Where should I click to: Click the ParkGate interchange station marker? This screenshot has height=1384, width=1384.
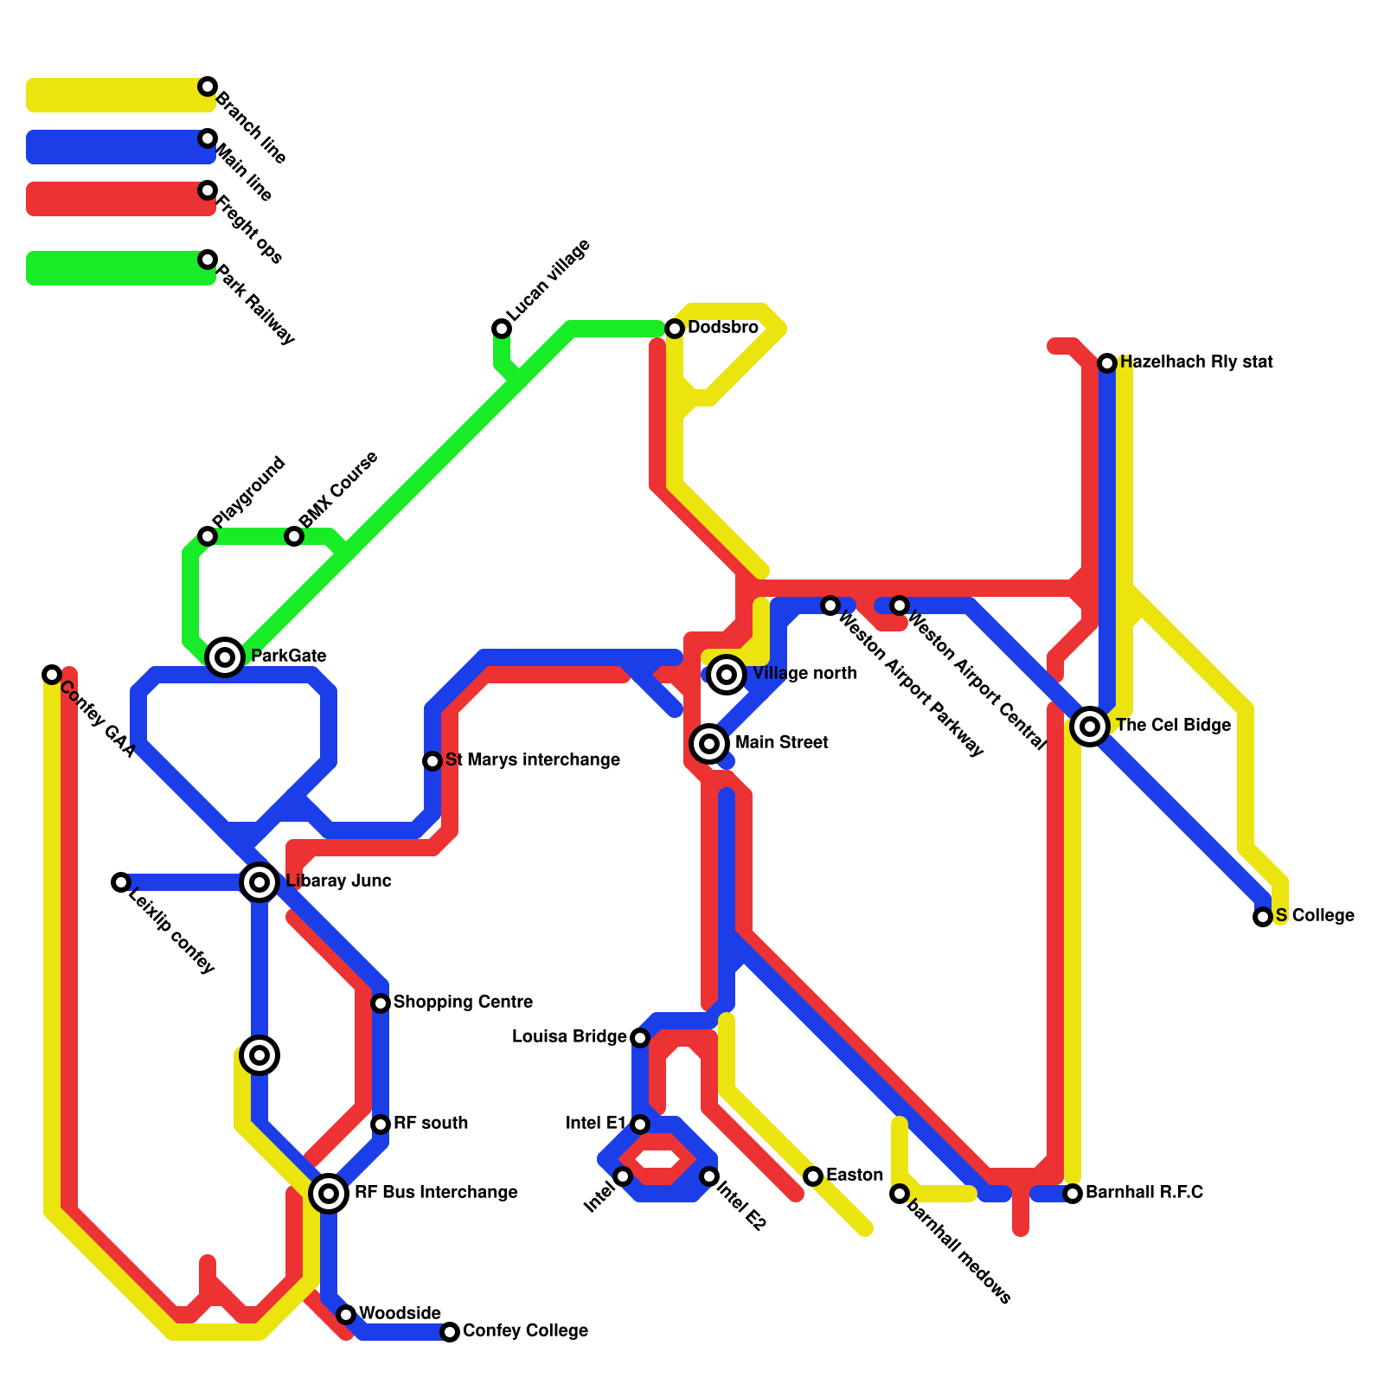(225, 657)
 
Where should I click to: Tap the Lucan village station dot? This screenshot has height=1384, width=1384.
(502, 329)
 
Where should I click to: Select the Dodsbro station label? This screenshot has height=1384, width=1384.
(722, 328)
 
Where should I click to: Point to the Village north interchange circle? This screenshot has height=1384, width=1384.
(727, 675)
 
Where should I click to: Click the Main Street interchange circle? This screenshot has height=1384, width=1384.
(709, 743)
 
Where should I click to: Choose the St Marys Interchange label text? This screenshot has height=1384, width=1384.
(532, 760)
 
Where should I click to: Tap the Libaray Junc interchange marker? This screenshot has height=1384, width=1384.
(259, 882)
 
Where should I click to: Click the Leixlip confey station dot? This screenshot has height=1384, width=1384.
(121, 882)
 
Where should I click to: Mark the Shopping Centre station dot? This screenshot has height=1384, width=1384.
(381, 1003)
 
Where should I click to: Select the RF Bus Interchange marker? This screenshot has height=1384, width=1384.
(329, 1194)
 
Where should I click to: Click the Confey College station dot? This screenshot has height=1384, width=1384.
(450, 1332)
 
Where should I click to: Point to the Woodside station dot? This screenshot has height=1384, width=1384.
(346, 1315)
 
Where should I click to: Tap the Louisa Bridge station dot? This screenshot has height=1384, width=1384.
(640, 1038)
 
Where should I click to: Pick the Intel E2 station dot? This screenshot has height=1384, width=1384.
(709, 1176)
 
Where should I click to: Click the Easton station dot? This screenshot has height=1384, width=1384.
(813, 1176)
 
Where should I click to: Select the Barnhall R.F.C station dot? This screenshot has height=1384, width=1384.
(1073, 1194)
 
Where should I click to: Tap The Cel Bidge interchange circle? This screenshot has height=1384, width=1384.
(1090, 727)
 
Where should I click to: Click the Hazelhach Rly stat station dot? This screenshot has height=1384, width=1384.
(1107, 363)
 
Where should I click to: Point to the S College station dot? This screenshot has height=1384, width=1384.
(1263, 917)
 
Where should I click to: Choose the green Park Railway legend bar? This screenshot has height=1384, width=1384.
(117, 268)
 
